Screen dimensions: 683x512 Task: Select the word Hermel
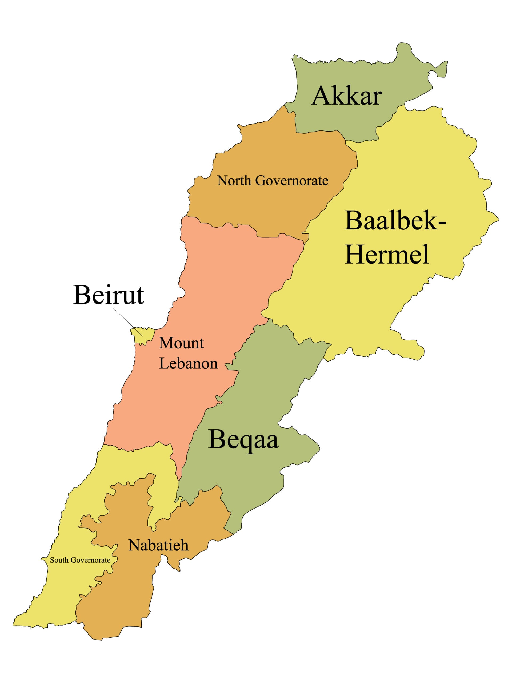click(x=386, y=254)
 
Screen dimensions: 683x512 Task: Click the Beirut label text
click(x=109, y=295)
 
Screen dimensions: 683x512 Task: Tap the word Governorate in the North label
click(x=292, y=181)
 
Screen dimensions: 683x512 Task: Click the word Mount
click(x=182, y=343)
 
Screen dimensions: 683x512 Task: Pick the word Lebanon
click(x=188, y=363)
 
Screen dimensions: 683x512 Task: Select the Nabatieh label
click(x=158, y=545)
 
